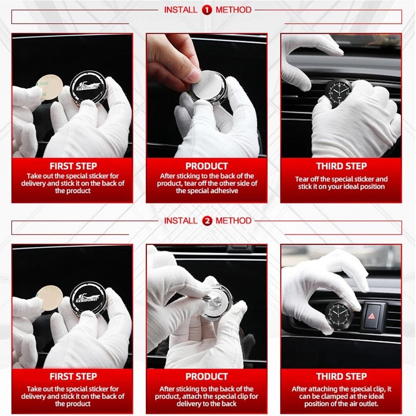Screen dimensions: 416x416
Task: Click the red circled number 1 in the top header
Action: (x=207, y=10)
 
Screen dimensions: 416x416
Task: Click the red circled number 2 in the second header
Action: (x=207, y=221)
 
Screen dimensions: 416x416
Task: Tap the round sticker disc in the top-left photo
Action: (x=49, y=87)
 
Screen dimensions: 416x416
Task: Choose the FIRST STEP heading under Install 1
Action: (x=73, y=166)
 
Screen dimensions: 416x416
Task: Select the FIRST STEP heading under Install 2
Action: (x=73, y=377)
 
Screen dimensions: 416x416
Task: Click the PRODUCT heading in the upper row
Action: (x=207, y=166)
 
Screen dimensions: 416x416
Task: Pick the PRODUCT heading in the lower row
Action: (x=207, y=377)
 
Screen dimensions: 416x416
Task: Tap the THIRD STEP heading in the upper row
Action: (x=342, y=166)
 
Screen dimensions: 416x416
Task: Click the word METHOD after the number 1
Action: (x=234, y=10)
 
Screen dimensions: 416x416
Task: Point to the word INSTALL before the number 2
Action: (x=181, y=221)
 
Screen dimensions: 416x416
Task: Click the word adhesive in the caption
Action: (x=224, y=191)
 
